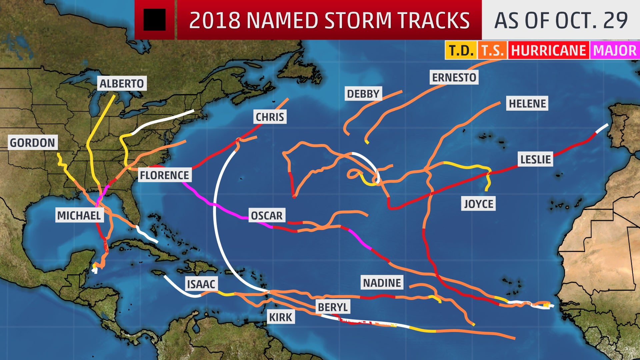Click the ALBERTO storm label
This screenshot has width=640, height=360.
coord(122,83)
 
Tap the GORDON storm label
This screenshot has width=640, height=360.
coord(32,143)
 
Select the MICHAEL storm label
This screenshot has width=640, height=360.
coord(79,215)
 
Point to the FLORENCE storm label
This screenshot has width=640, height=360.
coord(164,175)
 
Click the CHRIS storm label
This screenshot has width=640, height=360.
coord(270,117)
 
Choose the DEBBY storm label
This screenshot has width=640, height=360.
coord(363,94)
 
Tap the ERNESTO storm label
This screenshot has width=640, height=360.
coord(454,77)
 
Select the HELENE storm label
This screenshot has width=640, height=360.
coord(527,103)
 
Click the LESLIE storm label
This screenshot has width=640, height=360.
coord(535,159)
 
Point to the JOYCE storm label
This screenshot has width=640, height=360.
coord(479,204)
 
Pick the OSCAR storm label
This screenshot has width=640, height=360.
coord(267,216)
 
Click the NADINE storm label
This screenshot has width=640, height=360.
coord(382,283)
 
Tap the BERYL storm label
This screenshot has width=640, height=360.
coord(333,307)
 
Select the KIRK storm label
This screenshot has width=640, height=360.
coord(281,317)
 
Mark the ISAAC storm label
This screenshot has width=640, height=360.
coord(201,284)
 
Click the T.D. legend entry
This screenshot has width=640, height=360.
coord(461,51)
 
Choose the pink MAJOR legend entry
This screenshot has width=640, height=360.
coord(615,51)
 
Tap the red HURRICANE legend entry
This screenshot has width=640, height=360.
coord(548,51)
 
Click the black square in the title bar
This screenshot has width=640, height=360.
coord(154,20)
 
